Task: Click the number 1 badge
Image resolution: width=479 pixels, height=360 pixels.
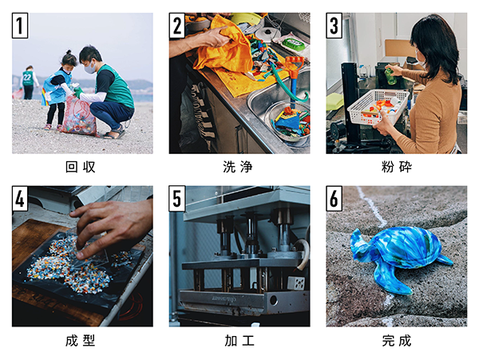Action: pos(21,26)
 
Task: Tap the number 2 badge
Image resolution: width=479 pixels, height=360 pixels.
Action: pos(177,26)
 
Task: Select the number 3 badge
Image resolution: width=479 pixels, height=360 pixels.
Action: pos(335,26)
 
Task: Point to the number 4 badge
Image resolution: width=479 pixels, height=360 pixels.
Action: pos(21,199)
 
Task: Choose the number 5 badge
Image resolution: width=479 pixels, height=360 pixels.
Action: pos(177,199)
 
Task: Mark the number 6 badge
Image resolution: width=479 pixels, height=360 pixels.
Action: pos(335,199)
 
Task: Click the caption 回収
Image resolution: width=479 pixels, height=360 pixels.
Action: pos(81,167)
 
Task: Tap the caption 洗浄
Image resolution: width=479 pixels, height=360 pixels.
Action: pos(239,167)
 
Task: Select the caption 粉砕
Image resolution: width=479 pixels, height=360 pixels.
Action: pos(396,167)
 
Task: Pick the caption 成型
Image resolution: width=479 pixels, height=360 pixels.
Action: pos(81,340)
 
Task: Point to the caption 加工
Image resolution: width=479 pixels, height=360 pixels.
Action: pos(239,340)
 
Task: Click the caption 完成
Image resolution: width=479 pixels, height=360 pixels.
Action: pos(396,340)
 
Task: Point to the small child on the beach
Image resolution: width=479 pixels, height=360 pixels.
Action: pos(60,88)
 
